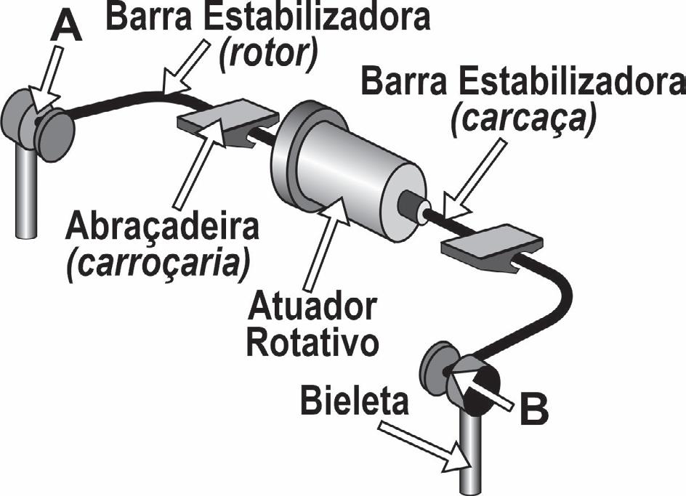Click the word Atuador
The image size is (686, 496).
[x=312, y=311]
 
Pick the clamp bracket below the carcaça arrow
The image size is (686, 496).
[x=491, y=248]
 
